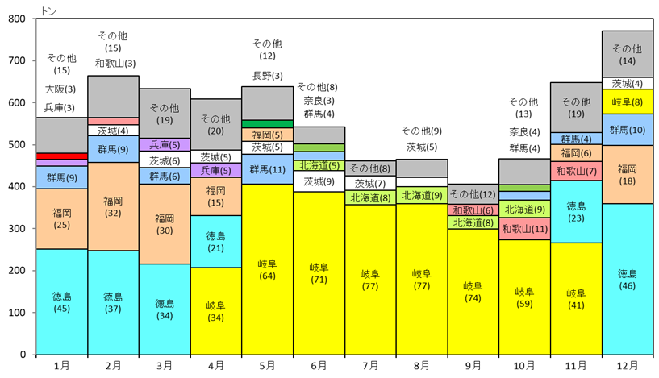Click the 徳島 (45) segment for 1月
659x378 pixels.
pos(62,301)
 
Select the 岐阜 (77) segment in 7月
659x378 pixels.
pos(370,280)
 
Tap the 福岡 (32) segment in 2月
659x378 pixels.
pos(113,206)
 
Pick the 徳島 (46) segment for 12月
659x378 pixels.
pos(628,280)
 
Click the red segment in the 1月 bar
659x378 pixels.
pos(62,156)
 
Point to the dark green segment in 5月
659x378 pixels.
pos(267,124)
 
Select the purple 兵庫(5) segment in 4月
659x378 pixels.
pos(216,171)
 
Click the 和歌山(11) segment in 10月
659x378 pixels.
pos(524,229)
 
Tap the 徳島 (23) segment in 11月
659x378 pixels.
pos(576,212)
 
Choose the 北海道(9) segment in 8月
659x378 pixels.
pos(422,195)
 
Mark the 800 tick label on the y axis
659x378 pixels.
pos(16,19)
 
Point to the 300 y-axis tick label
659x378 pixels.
pos(16,228)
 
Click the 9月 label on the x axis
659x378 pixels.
pos(473,366)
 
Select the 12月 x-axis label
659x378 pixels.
pos(628,366)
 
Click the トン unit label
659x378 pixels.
pos(48,10)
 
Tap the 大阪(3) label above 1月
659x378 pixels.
pos(60,89)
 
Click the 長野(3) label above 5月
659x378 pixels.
pos(267,76)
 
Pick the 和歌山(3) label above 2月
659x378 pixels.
pos(115,64)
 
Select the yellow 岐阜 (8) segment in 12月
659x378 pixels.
pos(628,102)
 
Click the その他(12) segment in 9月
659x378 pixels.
pos(473,194)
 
